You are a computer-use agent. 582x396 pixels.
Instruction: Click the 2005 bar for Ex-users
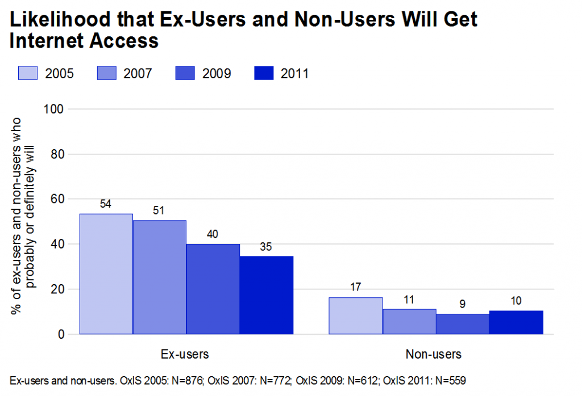pyautogui.click(x=106, y=274)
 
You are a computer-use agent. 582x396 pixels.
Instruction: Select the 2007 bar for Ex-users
pyautogui.click(x=160, y=277)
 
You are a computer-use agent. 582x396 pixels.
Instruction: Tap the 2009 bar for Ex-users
pyautogui.click(x=213, y=289)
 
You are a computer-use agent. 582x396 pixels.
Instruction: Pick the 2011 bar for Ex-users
pyautogui.click(x=267, y=295)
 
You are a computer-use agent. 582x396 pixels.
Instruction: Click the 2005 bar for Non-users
pyautogui.click(x=356, y=316)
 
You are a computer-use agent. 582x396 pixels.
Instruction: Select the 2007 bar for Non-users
pyautogui.click(x=410, y=322)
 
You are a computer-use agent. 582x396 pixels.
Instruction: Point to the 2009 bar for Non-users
pyautogui.click(x=463, y=324)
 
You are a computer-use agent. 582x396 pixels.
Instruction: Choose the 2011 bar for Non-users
pyautogui.click(x=517, y=323)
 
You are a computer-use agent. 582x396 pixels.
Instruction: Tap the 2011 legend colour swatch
pyautogui.click(x=261, y=73)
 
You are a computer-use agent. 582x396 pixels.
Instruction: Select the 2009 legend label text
pyautogui.click(x=217, y=74)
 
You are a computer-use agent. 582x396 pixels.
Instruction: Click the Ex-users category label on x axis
pyautogui.click(x=185, y=355)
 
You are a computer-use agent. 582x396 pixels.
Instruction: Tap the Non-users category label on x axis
pyautogui.click(x=434, y=355)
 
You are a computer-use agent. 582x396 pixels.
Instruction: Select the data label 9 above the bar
pyautogui.click(x=463, y=304)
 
